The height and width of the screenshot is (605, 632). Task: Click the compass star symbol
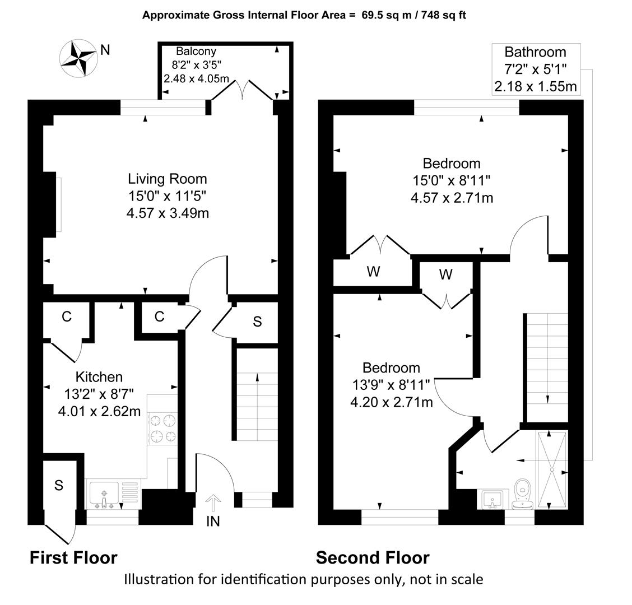tap(78, 58)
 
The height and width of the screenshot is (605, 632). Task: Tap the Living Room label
tap(168, 179)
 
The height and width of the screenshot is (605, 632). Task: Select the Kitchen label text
tap(99, 377)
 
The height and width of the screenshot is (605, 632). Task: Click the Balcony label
tap(196, 51)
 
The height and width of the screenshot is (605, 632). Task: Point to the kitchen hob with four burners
tap(162, 429)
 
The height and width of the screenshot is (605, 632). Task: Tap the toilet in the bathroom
tap(523, 494)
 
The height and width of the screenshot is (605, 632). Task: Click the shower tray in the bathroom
tap(552, 469)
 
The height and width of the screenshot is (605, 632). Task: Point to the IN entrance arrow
tap(213, 503)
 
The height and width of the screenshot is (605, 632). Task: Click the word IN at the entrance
tap(213, 522)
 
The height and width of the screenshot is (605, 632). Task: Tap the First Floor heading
tap(73, 558)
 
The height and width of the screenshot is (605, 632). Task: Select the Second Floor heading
tap(373, 558)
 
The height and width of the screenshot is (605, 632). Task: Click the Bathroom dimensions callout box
tap(536, 69)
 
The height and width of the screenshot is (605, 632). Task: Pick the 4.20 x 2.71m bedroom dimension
tap(392, 402)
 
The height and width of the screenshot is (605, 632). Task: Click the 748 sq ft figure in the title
tap(443, 15)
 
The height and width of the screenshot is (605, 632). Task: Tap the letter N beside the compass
tap(105, 50)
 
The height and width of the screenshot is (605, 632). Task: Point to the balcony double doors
tap(242, 90)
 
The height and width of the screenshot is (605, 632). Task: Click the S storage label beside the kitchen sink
tap(59, 485)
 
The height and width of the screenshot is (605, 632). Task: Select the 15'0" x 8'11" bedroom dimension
tap(452, 180)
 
